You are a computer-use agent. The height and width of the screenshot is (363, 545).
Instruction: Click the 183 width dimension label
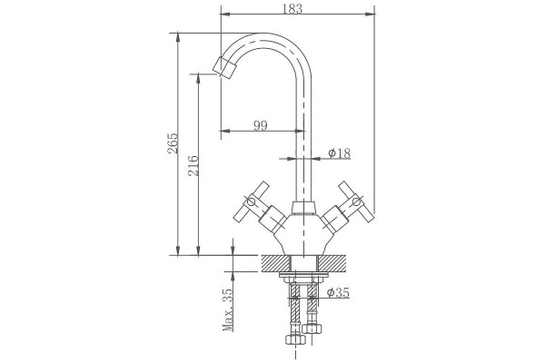(292, 9)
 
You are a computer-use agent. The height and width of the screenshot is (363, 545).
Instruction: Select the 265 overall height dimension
(173, 143)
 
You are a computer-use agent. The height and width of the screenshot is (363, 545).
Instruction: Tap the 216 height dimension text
(193, 166)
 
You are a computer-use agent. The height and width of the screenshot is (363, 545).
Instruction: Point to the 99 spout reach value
(261, 125)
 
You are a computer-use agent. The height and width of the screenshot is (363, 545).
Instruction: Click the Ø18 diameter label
(340, 153)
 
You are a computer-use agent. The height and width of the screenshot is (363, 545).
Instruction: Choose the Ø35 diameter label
(338, 293)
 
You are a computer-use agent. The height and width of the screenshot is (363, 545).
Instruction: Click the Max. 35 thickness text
(228, 309)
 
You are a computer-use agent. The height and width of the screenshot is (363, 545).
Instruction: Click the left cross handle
(252, 201)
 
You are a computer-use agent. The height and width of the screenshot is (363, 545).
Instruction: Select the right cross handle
(356, 201)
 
